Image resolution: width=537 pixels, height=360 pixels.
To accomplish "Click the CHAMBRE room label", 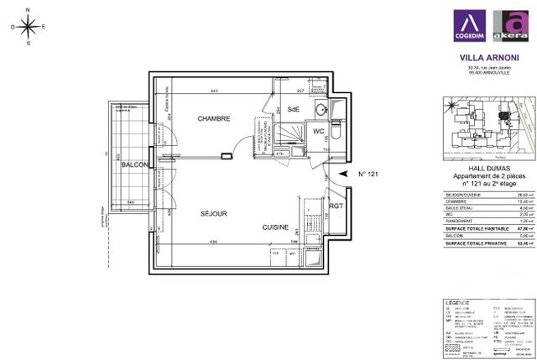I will (214, 119).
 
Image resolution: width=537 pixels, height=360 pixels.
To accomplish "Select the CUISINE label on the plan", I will (275, 227).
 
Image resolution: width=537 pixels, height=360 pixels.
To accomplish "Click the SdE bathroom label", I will (294, 110).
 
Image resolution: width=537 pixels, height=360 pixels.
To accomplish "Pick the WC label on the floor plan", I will (319, 132).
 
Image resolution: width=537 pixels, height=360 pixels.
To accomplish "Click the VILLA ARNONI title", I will (487, 58).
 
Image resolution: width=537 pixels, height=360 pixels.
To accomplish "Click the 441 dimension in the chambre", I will (214, 91).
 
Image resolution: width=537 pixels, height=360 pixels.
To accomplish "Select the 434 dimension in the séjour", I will (214, 243).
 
